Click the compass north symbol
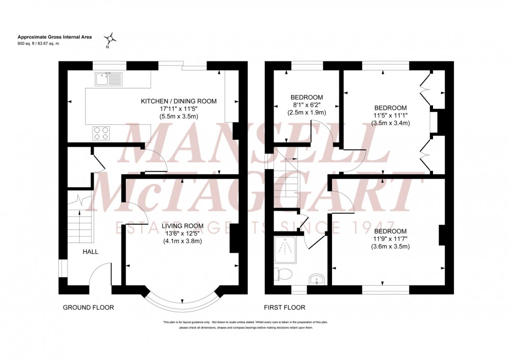110,38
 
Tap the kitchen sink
108,79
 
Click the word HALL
90,252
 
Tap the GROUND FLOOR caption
88,307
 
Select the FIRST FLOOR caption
285,307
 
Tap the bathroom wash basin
316,280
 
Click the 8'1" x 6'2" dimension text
307,105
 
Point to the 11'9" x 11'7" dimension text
390,239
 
